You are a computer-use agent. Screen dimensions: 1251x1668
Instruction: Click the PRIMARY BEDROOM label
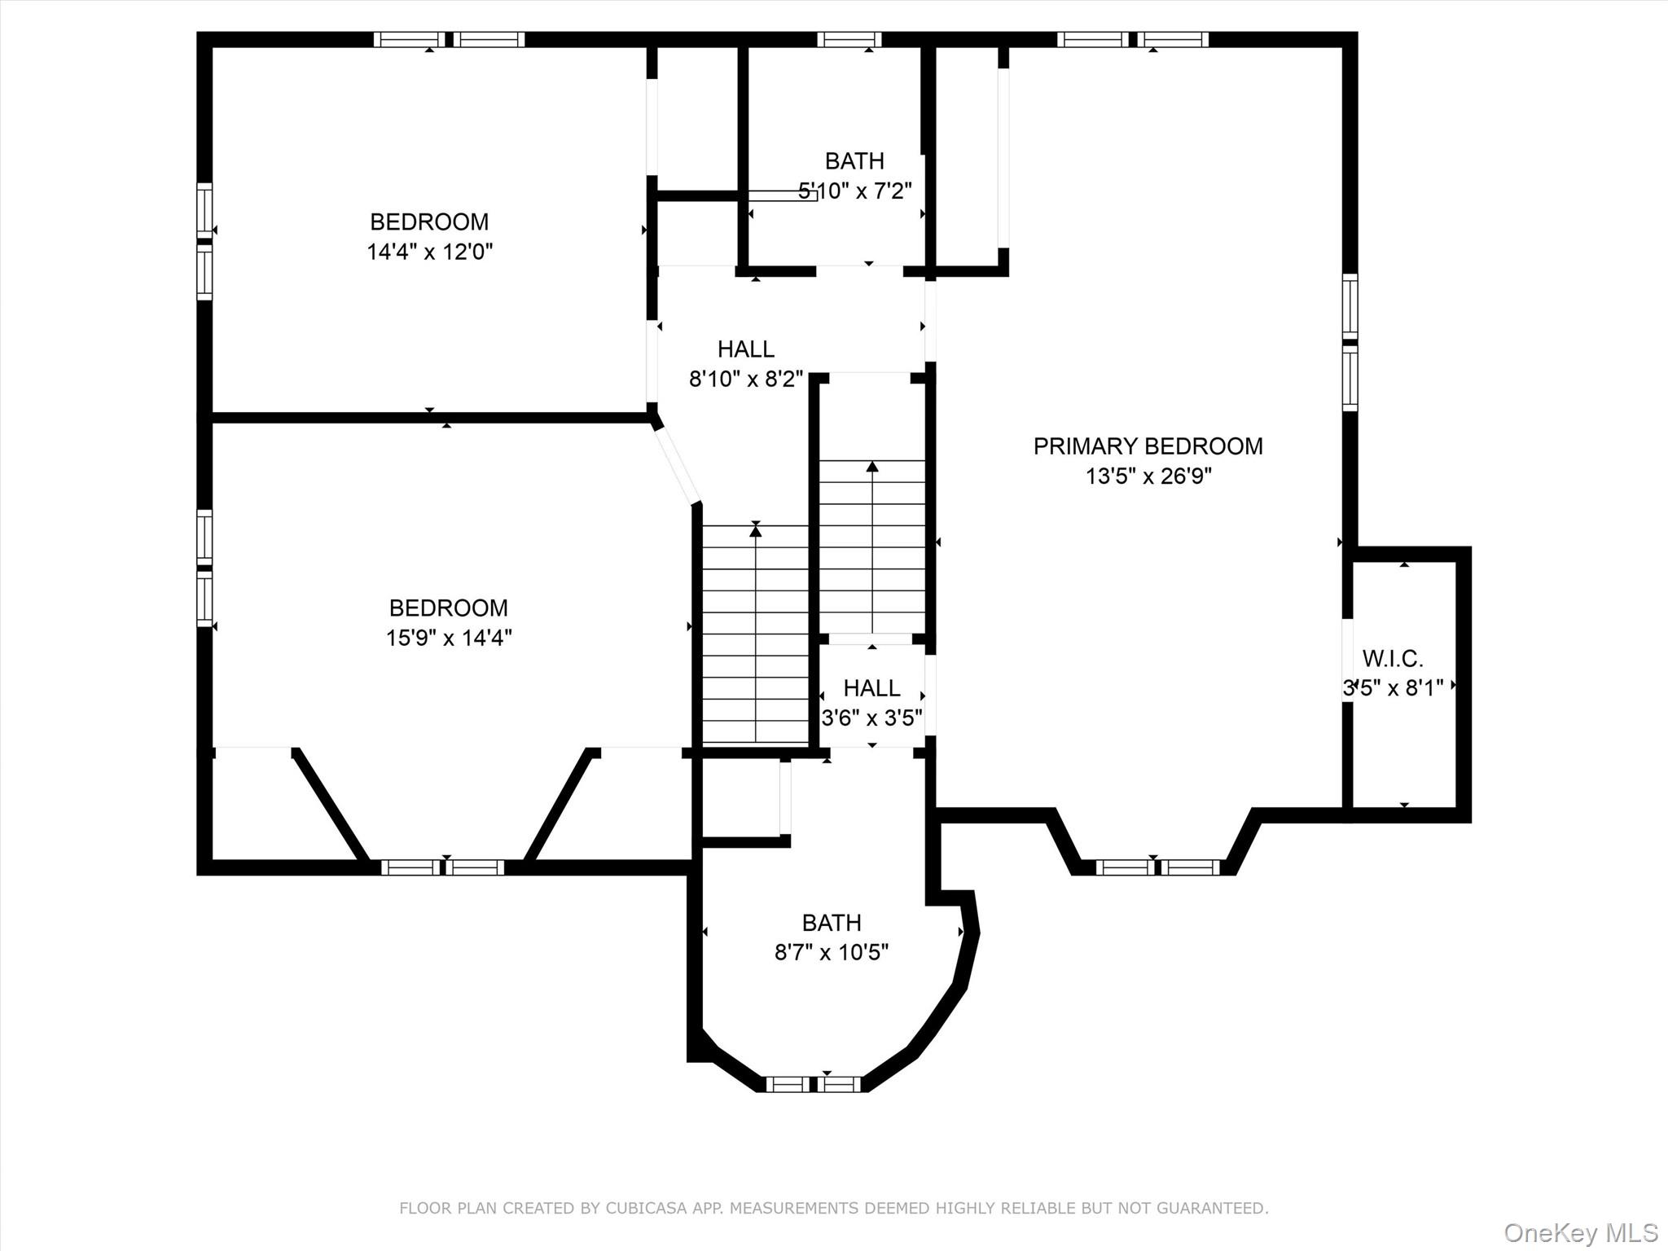tap(1148, 446)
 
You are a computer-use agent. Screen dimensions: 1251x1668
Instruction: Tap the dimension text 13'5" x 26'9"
tap(1148, 476)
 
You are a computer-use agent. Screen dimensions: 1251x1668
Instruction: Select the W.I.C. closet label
tap(1393, 658)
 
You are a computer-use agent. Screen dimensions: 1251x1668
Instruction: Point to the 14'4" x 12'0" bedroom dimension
tap(429, 252)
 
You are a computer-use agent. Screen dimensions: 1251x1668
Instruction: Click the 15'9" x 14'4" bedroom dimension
tap(448, 638)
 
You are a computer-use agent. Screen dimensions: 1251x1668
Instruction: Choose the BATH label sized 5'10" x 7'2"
tap(854, 161)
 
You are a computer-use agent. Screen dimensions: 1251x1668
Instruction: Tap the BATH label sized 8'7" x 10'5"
tap(831, 923)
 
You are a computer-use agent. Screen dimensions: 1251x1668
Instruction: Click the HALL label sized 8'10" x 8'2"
tap(745, 349)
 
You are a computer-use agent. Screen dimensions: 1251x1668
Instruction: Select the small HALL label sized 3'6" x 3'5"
tap(871, 688)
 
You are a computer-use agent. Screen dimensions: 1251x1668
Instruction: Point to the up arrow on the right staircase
tap(872, 467)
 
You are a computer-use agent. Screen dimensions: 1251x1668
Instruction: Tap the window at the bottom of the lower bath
tap(813, 1084)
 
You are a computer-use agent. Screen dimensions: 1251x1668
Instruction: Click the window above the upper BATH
tap(849, 39)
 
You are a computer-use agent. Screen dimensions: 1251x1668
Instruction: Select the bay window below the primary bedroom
tap(1157, 868)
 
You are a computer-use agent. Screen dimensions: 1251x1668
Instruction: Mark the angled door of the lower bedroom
tap(678, 467)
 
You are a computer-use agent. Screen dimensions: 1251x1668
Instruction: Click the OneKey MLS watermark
tap(1580, 1232)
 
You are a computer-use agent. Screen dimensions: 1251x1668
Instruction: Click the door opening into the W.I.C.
tap(1348, 660)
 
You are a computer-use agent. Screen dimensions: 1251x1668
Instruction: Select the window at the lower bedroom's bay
tap(442, 868)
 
